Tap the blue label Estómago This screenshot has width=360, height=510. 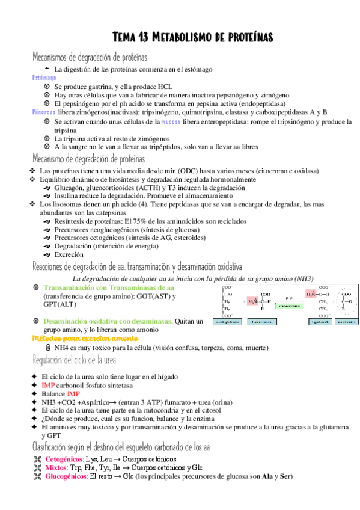[x=44, y=78]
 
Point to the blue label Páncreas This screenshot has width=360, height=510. [x=44, y=112]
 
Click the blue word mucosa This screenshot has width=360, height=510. [x=170, y=121]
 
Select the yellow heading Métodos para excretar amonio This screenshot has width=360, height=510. [x=78, y=339]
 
